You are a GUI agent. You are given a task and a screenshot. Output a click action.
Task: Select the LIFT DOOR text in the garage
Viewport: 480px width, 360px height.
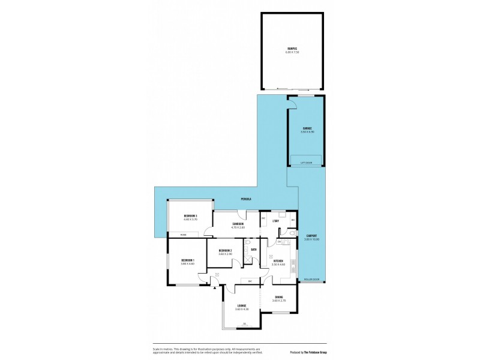click(x=307, y=162)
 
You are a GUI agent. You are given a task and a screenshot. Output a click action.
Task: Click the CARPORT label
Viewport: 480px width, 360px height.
click(x=312, y=235)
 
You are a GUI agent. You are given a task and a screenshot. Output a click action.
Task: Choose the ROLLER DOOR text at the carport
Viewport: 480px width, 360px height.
click(x=311, y=280)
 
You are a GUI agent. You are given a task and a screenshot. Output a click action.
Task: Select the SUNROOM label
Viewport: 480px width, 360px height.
click(x=238, y=224)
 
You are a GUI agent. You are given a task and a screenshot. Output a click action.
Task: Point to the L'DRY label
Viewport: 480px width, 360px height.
click(x=277, y=222)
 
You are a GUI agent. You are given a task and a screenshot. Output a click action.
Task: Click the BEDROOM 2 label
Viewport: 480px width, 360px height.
click(x=225, y=250)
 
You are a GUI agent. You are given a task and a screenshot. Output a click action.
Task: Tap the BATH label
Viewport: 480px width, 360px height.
click(x=254, y=250)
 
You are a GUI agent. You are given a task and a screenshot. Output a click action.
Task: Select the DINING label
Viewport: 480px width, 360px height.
click(x=278, y=298)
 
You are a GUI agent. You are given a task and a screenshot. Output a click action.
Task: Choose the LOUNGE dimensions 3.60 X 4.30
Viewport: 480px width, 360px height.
click(x=241, y=310)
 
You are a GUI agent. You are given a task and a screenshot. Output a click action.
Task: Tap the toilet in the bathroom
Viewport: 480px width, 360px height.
click(x=247, y=244)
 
